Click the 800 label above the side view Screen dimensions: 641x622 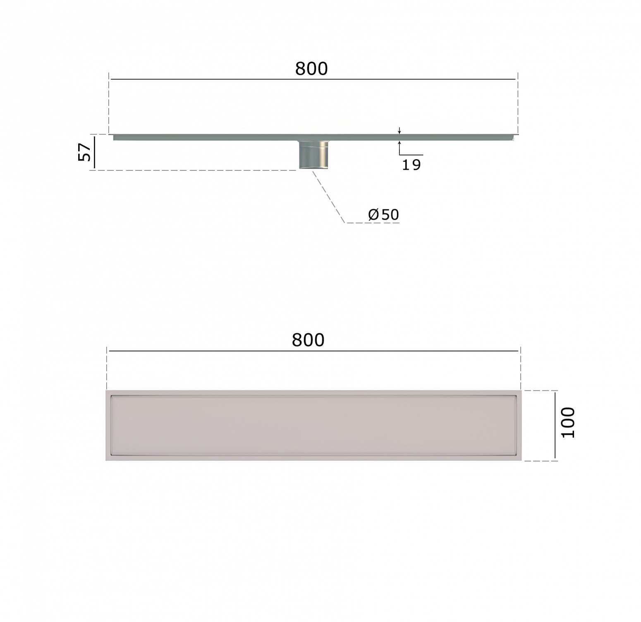(x=311, y=69)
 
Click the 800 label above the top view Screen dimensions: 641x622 (x=308, y=340)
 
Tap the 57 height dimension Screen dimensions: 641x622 (x=84, y=152)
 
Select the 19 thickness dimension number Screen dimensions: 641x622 (x=411, y=165)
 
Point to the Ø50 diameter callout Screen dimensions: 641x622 (x=383, y=214)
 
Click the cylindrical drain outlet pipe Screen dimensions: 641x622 (x=314, y=155)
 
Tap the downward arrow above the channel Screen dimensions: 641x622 (x=399, y=130)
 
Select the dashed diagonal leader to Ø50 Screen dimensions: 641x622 (x=329, y=197)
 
